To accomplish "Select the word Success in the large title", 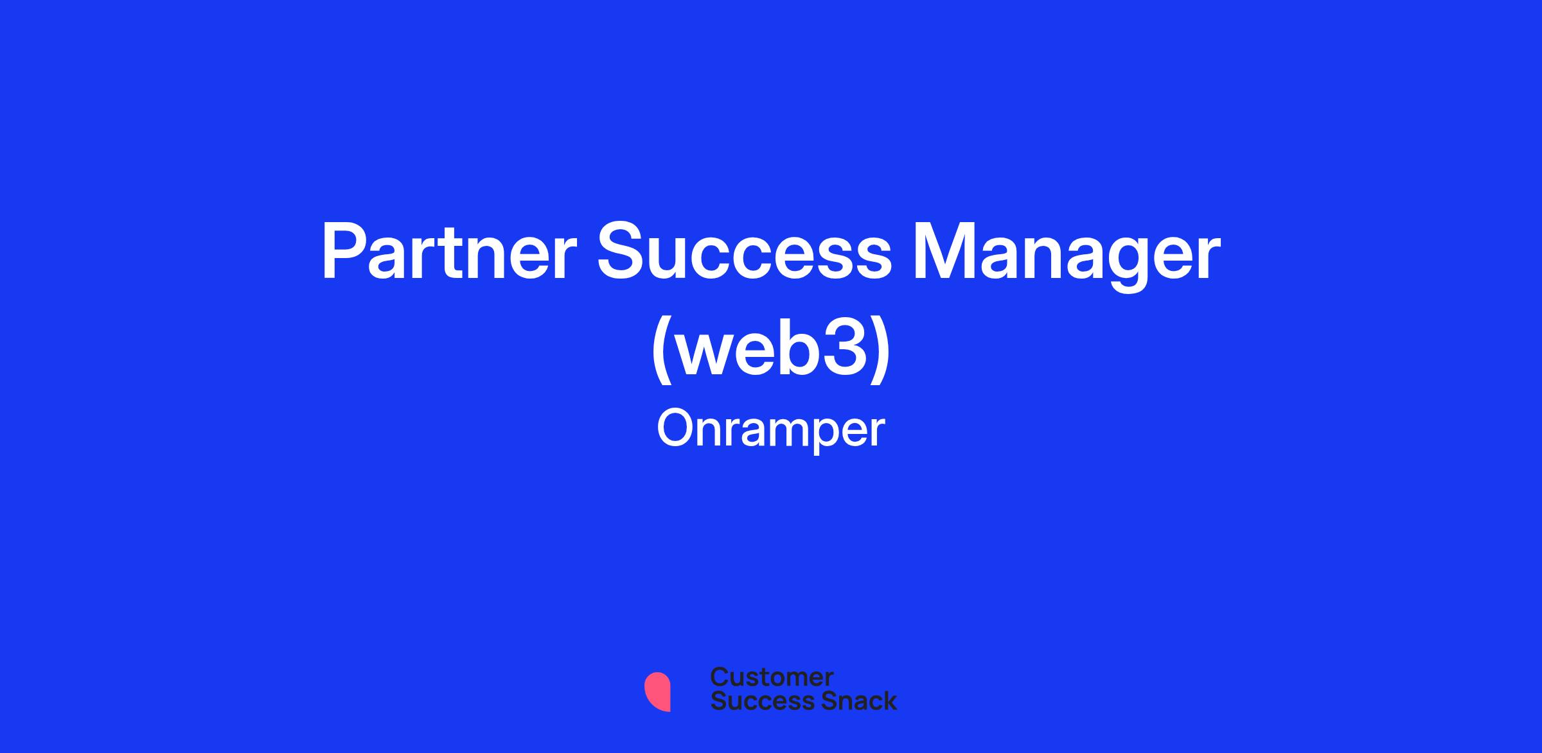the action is click(x=745, y=252).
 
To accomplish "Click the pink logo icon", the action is click(x=657, y=691).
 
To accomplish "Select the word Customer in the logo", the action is click(x=772, y=677).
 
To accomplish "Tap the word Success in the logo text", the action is click(x=754, y=700).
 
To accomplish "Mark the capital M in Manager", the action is click(x=943, y=252).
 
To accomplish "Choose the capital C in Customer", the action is click(x=720, y=677).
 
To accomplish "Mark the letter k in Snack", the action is click(x=889, y=700).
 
